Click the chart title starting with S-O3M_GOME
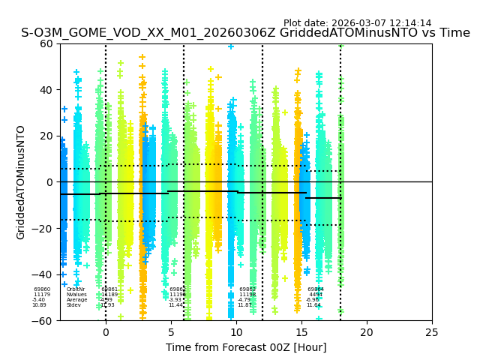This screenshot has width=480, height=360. click(245, 33)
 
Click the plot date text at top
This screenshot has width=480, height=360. click(357, 23)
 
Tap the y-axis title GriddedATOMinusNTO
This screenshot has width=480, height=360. click(21, 182)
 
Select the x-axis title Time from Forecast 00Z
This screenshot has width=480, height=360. click(246, 347)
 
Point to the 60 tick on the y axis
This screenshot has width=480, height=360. click(47, 43)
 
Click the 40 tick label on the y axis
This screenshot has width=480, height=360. click(47, 90)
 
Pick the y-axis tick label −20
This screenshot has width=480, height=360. click(44, 229)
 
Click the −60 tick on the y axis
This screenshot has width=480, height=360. click(44, 321)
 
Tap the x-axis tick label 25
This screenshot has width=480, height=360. click(432, 331)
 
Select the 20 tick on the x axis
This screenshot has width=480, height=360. click(367, 331)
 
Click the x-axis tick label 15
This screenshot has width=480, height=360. click(301, 331)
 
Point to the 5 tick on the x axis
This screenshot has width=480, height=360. click(171, 331)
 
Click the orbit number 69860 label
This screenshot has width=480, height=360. click(42, 289)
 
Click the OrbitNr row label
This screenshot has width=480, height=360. click(76, 289)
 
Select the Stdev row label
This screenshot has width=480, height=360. click(73, 305)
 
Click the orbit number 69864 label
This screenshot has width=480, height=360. click(316, 289)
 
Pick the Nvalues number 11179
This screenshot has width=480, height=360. click(42, 295)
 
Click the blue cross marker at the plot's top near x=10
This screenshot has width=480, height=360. click(231, 46)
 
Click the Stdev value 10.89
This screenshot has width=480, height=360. click(39, 305)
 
